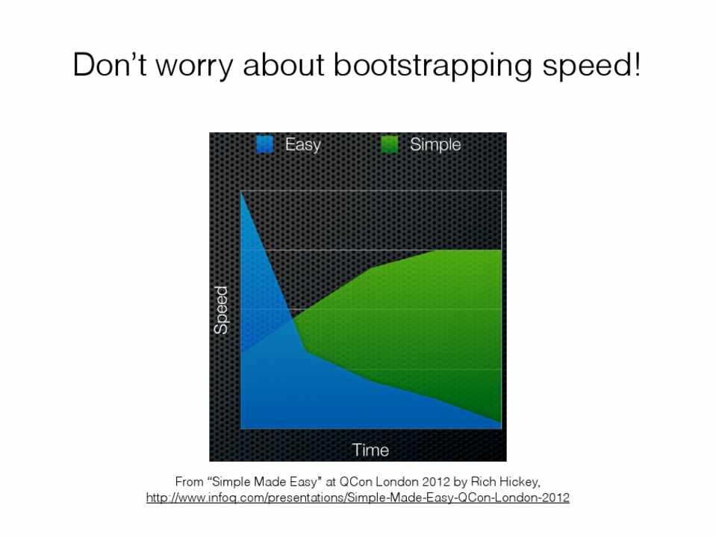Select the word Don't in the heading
coord(109,64)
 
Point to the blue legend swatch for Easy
coord(265,144)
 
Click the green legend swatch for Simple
coord(390,144)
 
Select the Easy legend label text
coord(302,145)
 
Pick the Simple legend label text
coord(435,145)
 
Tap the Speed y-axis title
coord(221,310)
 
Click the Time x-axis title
coord(370,451)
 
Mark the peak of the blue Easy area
coord(242,192)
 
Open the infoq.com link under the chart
coord(358,498)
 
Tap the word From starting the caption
coord(189,482)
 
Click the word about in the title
coord(283,64)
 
